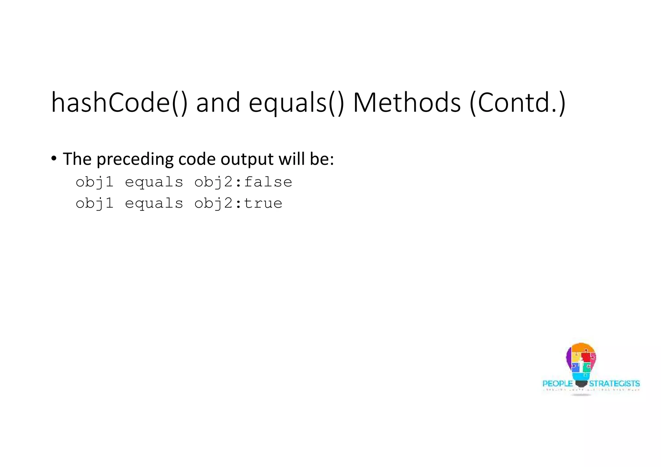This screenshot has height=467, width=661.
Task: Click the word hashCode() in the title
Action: pos(119,103)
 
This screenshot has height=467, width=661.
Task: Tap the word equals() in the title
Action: pos(297,103)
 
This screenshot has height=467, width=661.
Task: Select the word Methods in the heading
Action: pos(407,103)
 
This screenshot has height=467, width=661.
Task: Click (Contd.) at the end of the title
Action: pos(517,103)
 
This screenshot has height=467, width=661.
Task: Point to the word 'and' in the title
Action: pos(218,103)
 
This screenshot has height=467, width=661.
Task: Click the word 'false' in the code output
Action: pos(268,182)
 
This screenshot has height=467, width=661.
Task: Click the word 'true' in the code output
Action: pos(263,204)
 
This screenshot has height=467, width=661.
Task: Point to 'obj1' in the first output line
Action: pos(95,183)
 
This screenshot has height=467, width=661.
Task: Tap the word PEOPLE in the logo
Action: pos(558,383)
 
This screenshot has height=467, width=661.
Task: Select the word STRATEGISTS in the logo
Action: pos(614,383)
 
